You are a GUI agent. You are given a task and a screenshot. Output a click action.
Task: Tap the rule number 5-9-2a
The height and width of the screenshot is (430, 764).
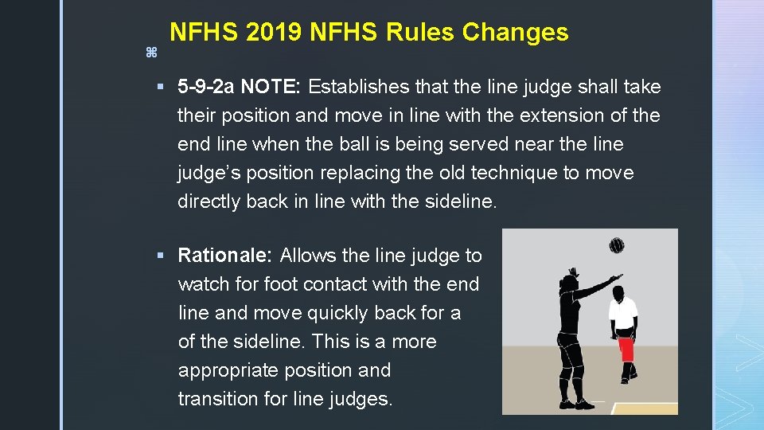click(206, 87)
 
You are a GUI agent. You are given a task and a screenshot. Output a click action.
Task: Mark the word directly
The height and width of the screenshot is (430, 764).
click(209, 201)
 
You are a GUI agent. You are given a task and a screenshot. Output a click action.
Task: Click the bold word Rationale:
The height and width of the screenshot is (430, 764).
click(225, 256)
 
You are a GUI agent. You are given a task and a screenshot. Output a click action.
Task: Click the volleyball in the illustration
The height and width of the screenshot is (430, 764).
click(616, 245)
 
